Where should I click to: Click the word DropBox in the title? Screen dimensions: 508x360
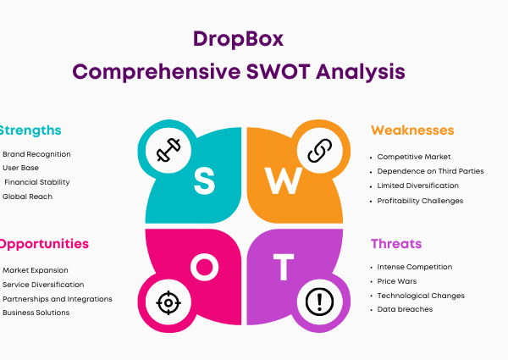(x=238, y=40)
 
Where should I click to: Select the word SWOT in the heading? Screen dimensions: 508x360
(x=279, y=72)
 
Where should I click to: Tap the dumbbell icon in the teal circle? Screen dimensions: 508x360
(x=168, y=150)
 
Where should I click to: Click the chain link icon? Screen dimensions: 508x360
(x=320, y=150)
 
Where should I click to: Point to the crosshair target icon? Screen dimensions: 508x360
(x=168, y=303)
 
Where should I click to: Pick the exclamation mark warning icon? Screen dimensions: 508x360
(x=320, y=302)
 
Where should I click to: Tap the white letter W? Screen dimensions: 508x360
(x=284, y=180)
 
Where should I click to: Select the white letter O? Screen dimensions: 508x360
(x=204, y=267)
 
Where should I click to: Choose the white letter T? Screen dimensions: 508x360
(x=284, y=267)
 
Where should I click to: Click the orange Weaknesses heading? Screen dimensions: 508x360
(x=412, y=130)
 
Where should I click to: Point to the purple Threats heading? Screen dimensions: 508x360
(x=396, y=244)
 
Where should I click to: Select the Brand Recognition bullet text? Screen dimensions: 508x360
(x=36, y=154)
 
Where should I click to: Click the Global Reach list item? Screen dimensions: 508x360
(x=27, y=197)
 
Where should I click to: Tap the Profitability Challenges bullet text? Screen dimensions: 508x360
(x=420, y=202)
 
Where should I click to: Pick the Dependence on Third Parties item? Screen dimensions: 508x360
(x=430, y=171)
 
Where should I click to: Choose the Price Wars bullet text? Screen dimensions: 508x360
(x=397, y=281)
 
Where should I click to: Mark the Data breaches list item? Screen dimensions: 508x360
(x=405, y=309)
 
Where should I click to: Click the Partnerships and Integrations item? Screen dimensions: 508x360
(x=58, y=299)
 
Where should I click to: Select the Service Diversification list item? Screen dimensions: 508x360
(x=43, y=285)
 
